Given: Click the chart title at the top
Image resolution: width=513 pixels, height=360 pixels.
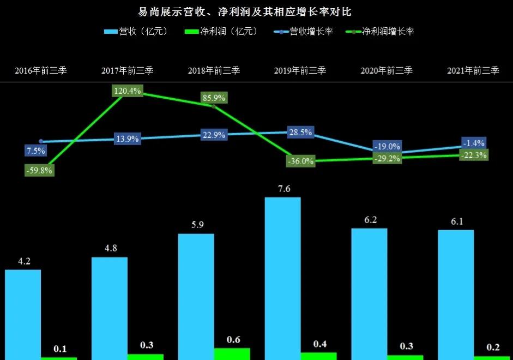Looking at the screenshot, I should point(256,11).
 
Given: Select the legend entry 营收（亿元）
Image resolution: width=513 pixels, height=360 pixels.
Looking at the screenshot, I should point(137,32).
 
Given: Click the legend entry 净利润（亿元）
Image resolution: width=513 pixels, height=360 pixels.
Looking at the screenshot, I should point(221,32).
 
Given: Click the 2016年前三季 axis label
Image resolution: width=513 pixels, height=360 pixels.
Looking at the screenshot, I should point(41,70).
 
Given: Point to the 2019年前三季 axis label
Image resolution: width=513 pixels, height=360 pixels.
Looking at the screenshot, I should point(300,70).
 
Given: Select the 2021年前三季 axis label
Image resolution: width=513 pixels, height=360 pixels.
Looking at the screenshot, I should point(473,70).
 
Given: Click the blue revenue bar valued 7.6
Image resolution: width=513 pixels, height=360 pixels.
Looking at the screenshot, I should point(282,278).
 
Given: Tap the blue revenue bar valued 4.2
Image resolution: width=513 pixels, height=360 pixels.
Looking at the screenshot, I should point(23,314).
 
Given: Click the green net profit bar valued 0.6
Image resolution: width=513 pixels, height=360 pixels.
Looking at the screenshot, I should point(232,353).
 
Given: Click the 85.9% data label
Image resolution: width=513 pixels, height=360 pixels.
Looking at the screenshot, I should point(214,99).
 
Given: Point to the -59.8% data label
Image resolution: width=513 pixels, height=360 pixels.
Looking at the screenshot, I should point(39,170).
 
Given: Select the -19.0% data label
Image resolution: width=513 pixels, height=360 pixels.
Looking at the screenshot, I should point(387,146).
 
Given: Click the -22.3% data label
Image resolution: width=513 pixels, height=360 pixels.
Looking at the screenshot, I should point(473,155).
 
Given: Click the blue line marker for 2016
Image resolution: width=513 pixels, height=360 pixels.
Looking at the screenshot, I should point(41,141).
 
